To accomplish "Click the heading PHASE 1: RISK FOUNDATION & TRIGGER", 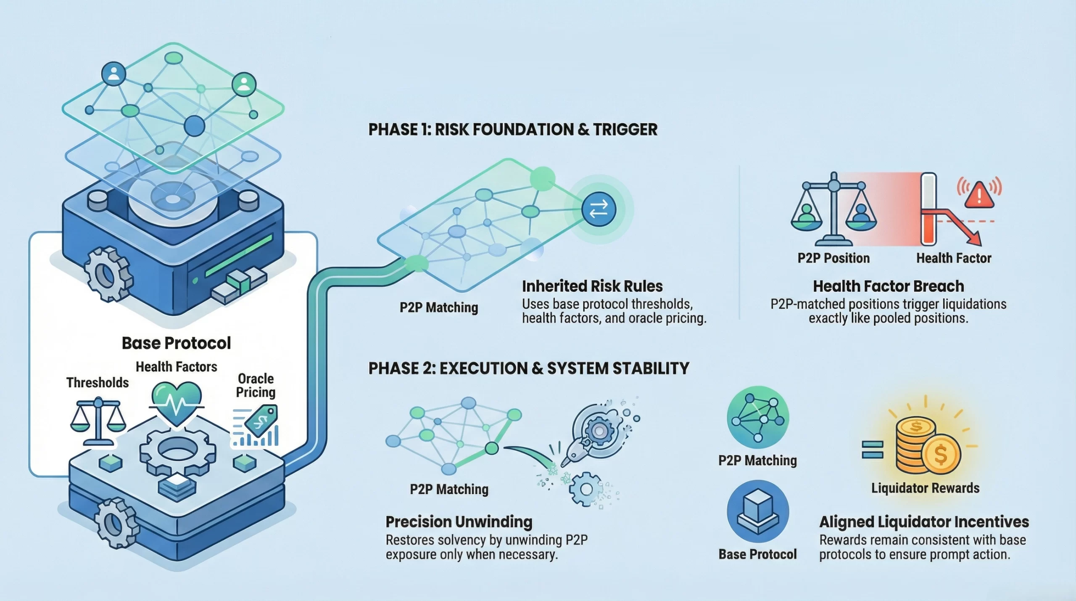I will coord(513,130).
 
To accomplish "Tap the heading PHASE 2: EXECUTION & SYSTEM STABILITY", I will coord(529,368).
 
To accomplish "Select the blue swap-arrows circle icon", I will coord(599,209).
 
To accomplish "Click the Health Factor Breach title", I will coord(888,286).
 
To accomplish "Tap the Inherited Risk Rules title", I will coord(592,286).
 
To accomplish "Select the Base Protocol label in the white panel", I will coord(176,343).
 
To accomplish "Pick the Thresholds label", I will coord(98,383).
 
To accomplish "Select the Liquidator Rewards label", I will coord(925,488).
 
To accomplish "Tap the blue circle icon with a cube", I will coord(758,511).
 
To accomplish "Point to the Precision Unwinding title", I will coord(459,522).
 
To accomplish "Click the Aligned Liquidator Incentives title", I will coord(924,522).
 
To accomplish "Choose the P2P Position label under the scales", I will coord(833,258).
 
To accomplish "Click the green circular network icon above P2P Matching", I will coord(758,417).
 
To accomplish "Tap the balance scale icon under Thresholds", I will coord(98,421).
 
